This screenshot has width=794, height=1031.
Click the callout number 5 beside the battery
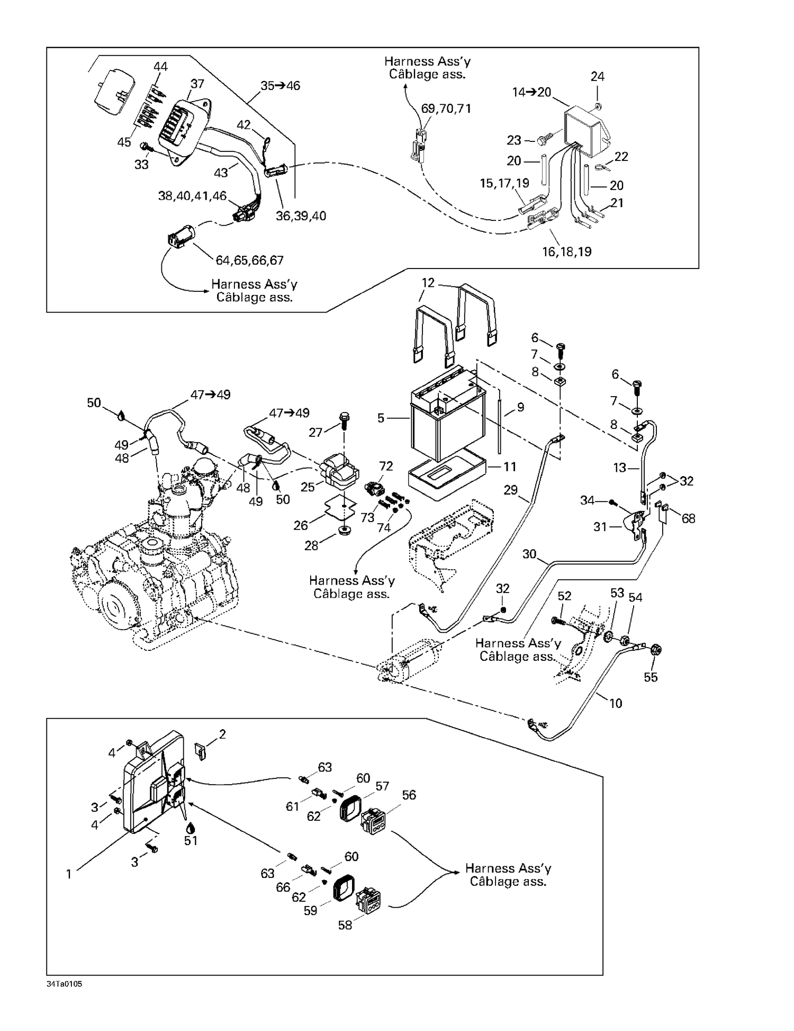pos(381,418)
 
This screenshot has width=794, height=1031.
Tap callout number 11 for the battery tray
pos(509,467)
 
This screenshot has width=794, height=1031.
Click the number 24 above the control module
pos(597,77)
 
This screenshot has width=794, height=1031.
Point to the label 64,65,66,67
pos(249,261)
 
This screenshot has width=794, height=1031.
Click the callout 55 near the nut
pos(651,677)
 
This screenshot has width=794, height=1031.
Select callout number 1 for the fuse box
pos(68,874)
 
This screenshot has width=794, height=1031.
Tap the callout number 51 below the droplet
pos(191,840)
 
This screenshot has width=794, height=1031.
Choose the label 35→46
pos(280,86)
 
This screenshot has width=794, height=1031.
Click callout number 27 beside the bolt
pos(315,433)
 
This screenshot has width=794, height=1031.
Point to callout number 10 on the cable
pos(616,703)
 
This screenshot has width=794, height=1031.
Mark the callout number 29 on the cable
pos(510,490)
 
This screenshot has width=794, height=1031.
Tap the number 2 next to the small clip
pos(222,734)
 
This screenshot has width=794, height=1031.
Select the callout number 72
pos(386,466)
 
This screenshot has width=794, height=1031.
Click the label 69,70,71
pos(446,109)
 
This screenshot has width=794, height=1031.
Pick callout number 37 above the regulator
pos(197,84)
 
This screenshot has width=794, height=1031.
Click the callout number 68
pos(688,518)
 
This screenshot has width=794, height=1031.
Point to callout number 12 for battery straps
pos(428,283)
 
